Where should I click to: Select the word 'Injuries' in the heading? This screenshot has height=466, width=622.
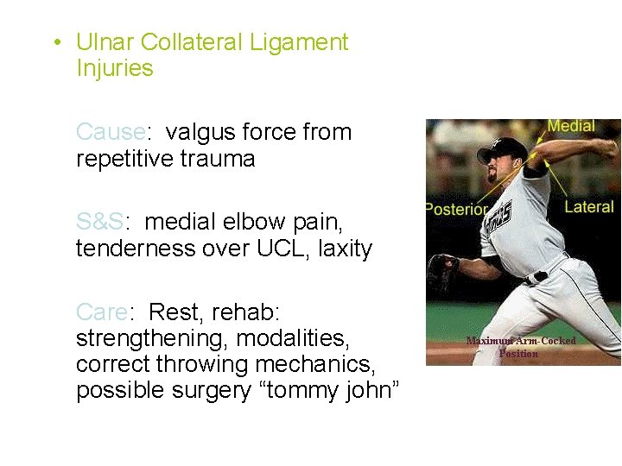(x=114, y=69)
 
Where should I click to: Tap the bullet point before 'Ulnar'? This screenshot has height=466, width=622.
(x=55, y=43)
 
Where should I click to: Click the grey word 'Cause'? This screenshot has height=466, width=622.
(x=109, y=132)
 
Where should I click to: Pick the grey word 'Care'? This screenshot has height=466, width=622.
(x=99, y=311)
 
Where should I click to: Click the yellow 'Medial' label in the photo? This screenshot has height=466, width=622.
(x=570, y=126)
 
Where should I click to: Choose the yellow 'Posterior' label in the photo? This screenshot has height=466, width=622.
(x=456, y=209)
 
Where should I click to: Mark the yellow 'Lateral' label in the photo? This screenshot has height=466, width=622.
(x=588, y=207)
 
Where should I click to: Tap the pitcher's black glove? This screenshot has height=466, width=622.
(x=443, y=273)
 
